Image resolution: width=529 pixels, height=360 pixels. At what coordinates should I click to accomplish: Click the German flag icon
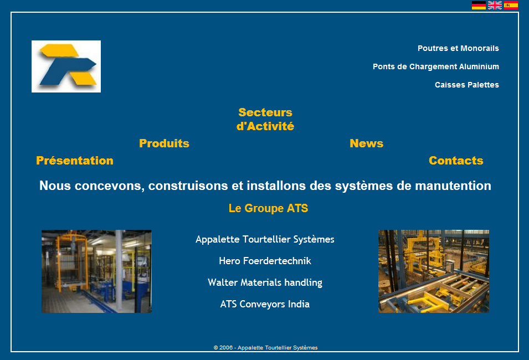point(479,6)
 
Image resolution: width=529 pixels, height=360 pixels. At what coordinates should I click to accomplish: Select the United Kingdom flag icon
point(495,6)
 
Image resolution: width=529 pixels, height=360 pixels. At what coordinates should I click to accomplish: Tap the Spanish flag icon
point(511,6)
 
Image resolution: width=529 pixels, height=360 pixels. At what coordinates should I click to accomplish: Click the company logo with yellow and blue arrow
point(66,66)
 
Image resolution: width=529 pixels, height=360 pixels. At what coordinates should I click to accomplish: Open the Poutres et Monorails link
point(458,48)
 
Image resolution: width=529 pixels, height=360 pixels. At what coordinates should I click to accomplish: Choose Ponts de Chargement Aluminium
point(436,66)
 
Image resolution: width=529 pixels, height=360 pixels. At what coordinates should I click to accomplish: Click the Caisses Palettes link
point(467,85)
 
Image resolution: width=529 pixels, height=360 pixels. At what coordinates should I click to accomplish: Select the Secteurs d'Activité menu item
point(265,119)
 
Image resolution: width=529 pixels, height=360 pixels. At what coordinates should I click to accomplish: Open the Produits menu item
point(165,143)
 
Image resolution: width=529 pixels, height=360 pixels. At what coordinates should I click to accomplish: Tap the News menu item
point(366,143)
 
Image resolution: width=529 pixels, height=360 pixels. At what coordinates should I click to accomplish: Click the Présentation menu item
point(75,161)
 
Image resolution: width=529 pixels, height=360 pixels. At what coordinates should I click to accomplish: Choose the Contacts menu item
point(456,161)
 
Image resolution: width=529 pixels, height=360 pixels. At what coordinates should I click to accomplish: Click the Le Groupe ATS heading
point(269,208)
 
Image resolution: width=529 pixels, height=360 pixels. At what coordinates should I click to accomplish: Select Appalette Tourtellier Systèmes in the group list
point(265,239)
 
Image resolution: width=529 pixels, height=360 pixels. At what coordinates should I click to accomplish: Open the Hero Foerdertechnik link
point(265,261)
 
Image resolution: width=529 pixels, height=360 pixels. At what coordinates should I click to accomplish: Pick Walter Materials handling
point(265,282)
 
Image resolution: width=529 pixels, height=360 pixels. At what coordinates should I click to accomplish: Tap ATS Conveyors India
point(265,304)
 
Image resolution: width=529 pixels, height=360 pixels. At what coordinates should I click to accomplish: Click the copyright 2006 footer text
point(265,347)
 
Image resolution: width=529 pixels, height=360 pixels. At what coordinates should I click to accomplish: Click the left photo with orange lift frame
point(96,271)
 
